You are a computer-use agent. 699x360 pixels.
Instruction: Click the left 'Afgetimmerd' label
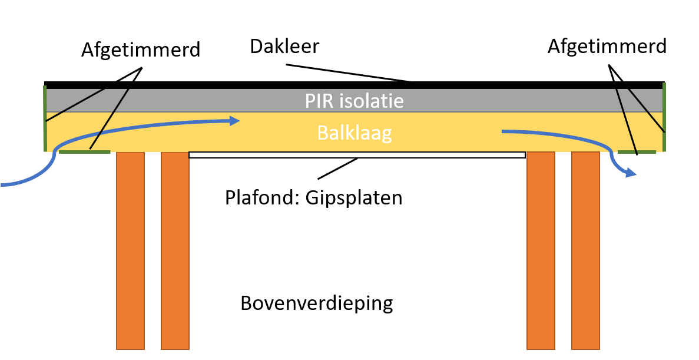[141, 49]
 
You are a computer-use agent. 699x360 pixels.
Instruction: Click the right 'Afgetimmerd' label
[607, 46]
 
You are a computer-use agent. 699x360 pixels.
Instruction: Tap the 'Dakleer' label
[284, 45]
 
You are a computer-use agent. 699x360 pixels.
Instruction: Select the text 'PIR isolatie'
[354, 101]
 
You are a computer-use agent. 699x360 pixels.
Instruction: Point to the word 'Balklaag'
[355, 133]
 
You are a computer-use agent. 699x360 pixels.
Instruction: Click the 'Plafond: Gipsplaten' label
[313, 197]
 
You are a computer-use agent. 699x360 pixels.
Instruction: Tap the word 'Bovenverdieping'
[316, 303]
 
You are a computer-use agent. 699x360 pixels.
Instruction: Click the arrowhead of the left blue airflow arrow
[235, 121]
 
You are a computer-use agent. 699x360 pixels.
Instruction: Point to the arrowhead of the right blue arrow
[631, 173]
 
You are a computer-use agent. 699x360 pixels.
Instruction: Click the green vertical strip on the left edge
[45, 118]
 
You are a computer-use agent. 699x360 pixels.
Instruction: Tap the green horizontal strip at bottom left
[85, 152]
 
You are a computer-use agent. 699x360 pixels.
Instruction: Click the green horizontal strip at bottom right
[637, 152]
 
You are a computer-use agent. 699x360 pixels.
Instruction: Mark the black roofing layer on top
[353, 85]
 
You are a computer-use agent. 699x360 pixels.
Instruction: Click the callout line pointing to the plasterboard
[338, 169]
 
